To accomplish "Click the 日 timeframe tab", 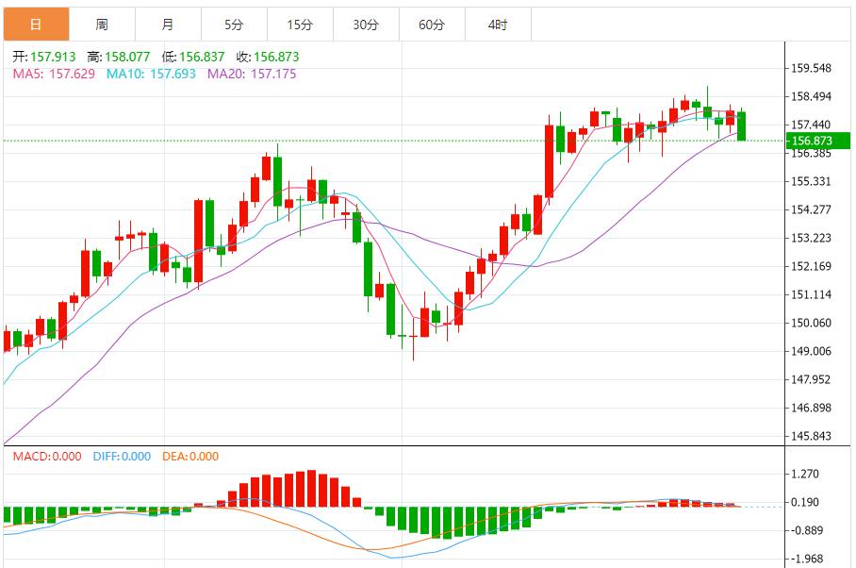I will (36, 25).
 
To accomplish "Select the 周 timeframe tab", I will (102, 25).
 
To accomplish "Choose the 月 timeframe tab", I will (168, 25).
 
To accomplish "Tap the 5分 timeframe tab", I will (234, 25).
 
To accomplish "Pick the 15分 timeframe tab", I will (300, 25).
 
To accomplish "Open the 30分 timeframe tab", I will (366, 25).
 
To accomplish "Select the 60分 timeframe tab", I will (432, 25).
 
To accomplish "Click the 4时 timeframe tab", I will (498, 25).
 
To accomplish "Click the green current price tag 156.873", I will (817, 141).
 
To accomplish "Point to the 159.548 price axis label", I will (812, 68).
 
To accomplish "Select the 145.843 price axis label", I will (812, 436).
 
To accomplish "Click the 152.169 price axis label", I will (812, 266).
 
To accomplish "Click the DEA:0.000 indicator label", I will (190, 457).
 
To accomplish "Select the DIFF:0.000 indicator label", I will (122, 457).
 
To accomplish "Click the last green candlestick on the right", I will (742, 125).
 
